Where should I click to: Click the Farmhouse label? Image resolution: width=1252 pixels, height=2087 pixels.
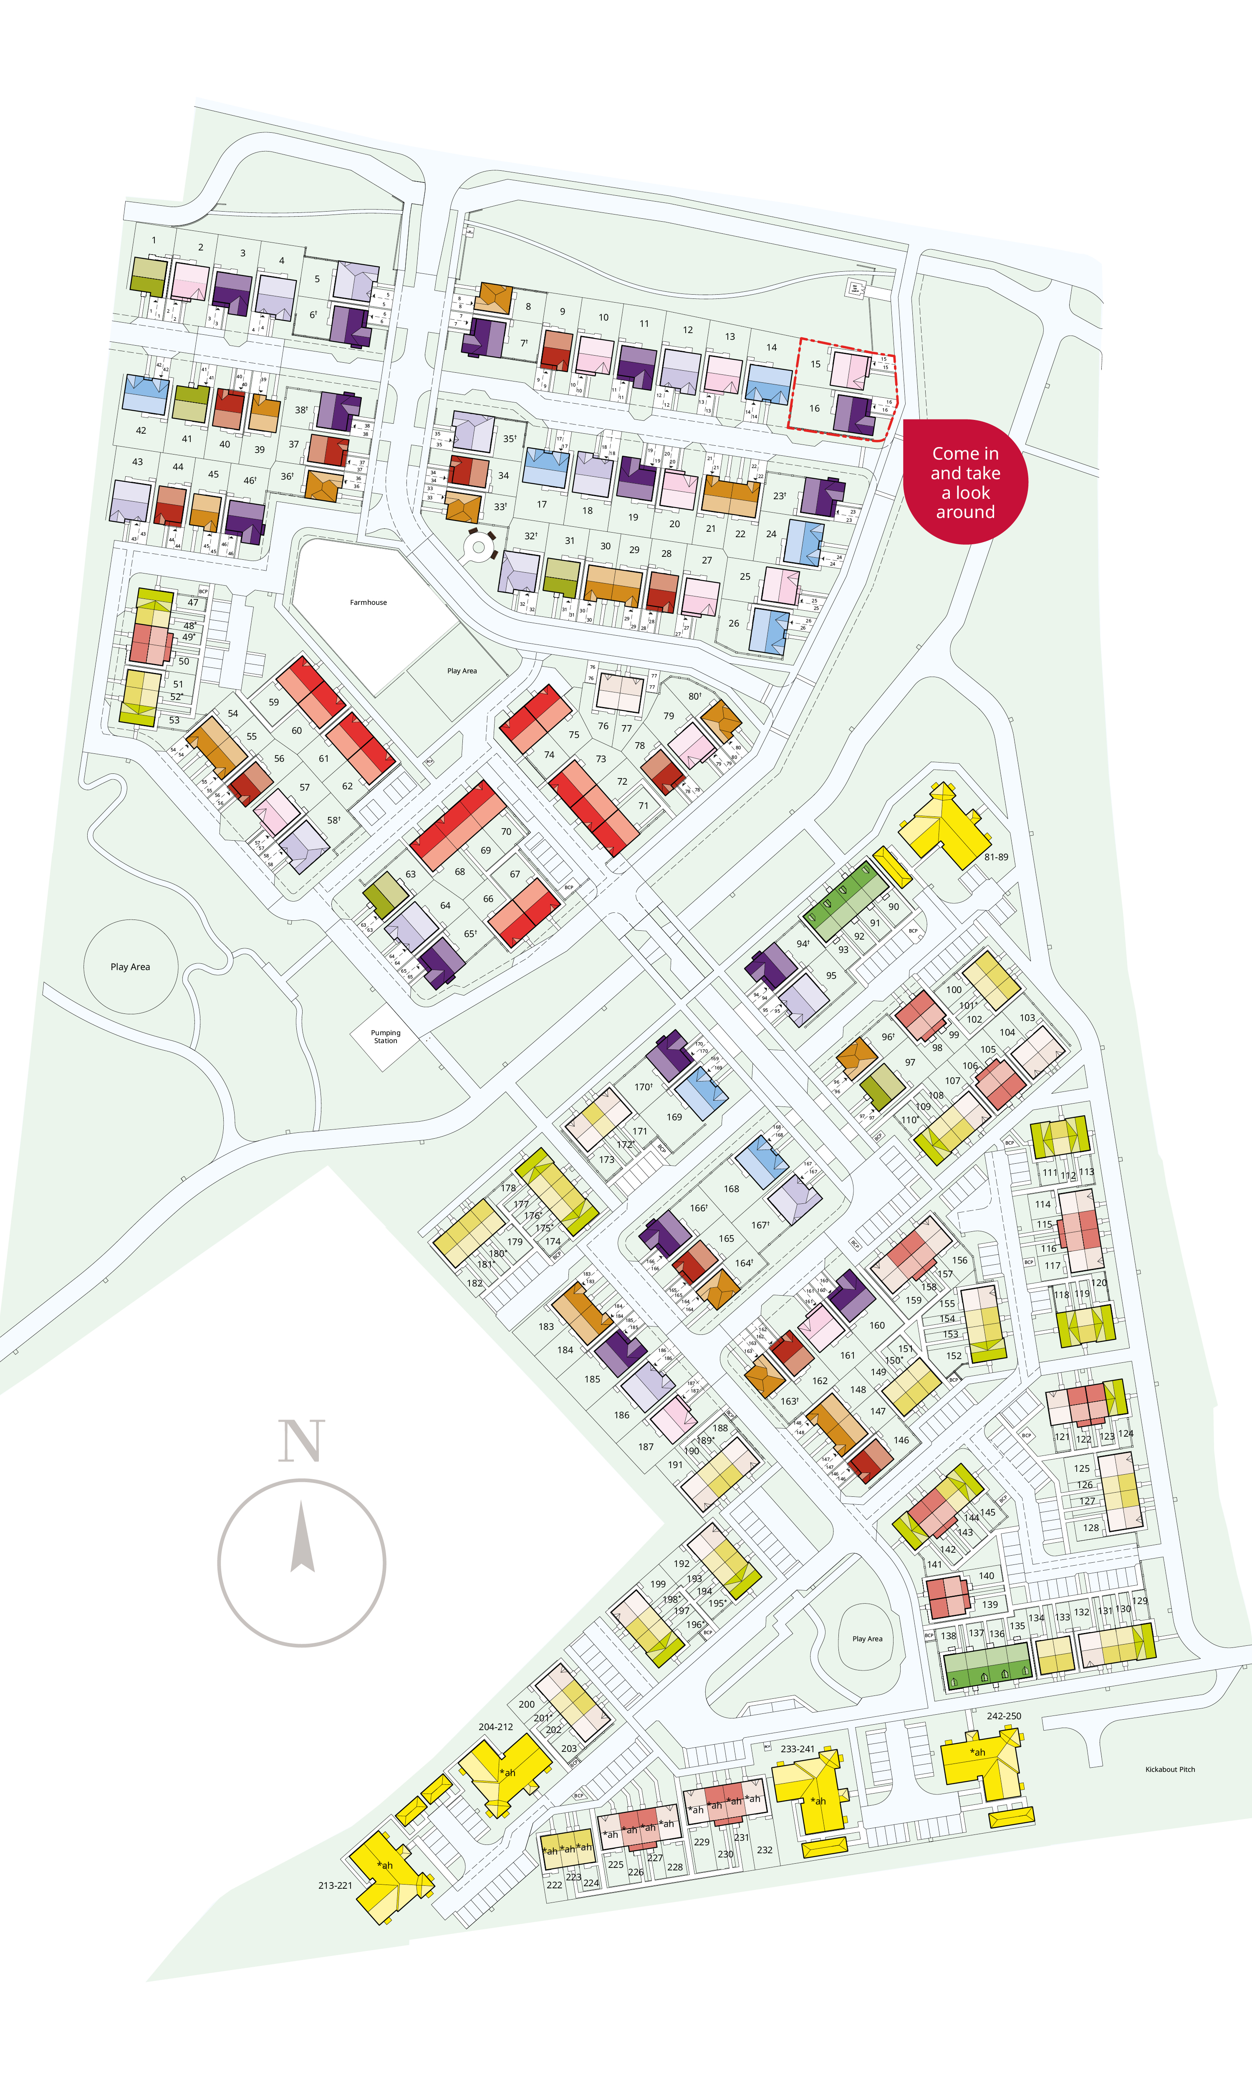point(368,602)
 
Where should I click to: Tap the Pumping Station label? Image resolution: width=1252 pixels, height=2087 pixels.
point(386,1036)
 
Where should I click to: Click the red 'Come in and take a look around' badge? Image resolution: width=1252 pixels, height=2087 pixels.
point(965,483)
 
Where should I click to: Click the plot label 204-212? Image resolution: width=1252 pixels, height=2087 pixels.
point(495,1727)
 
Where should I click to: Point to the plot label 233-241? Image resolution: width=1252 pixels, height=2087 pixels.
point(797,1749)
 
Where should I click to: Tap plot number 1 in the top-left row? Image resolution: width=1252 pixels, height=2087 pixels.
point(154,240)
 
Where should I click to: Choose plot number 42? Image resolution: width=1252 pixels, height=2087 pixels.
point(141,430)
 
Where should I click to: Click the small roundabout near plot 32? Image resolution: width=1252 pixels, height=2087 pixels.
point(479,548)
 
